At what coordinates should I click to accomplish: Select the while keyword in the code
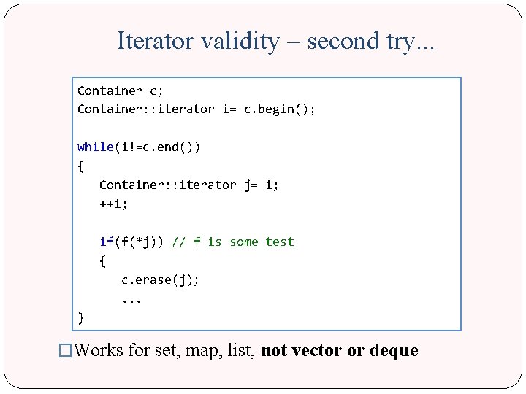(x=95, y=147)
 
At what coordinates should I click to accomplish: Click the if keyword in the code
(x=107, y=242)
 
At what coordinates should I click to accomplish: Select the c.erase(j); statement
(x=161, y=280)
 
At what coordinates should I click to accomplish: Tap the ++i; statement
(x=113, y=204)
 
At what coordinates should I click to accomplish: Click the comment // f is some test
(x=233, y=242)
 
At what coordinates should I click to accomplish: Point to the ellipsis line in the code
(x=131, y=299)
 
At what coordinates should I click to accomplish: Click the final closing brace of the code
(x=80, y=317)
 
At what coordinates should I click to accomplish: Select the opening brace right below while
(x=80, y=166)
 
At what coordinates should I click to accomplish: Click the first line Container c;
(x=121, y=91)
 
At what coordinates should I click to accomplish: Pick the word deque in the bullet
(x=394, y=351)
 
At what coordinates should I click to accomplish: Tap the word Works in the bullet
(x=99, y=351)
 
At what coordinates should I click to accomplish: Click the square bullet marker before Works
(x=66, y=351)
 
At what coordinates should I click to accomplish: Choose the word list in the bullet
(x=242, y=351)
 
